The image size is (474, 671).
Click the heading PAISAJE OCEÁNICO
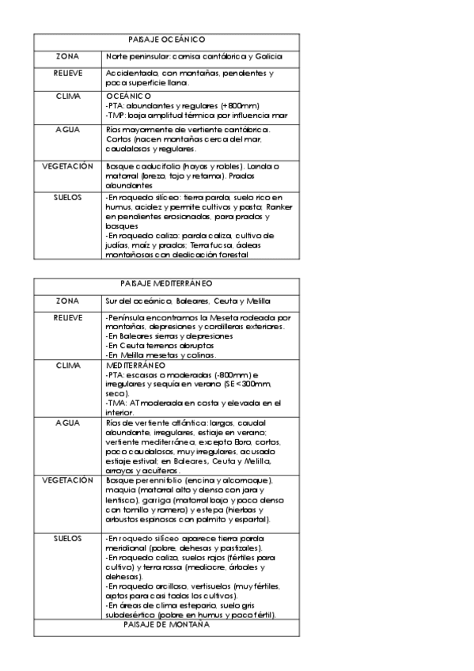pyautogui.click(x=166, y=39)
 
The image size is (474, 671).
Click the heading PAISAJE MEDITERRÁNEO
pyautogui.click(x=166, y=283)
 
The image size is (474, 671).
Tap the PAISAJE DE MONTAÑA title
pyautogui.click(x=166, y=625)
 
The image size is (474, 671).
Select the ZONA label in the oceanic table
pyautogui.click(x=68, y=56)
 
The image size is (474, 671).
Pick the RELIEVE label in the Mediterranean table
pyautogui.click(x=68, y=317)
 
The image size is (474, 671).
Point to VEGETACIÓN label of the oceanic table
pyautogui.click(x=68, y=166)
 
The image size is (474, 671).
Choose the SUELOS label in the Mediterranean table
pyautogui.click(x=68, y=538)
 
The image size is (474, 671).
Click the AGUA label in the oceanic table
pyautogui.click(x=68, y=128)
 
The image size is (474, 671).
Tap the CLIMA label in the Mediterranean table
pyautogui.click(x=68, y=366)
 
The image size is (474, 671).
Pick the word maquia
pyautogui.click(x=119, y=491)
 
